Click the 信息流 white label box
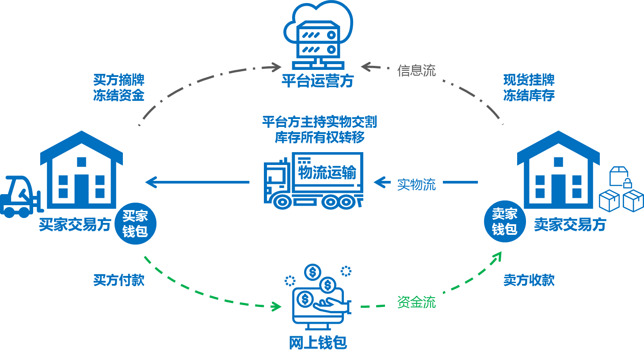pyautogui.click(x=416, y=70)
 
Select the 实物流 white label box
pyautogui.click(x=416, y=184)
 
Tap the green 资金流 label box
pyautogui.click(x=416, y=302)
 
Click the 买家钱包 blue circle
pyautogui.click(x=136, y=224)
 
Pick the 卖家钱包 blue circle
pyautogui.click(x=505, y=222)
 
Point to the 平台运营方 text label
pyautogui.click(x=317, y=81)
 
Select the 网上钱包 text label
pyautogui.click(x=317, y=342)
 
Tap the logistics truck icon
pyautogui.click(x=314, y=181)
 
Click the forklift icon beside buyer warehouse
pyautogui.click(x=20, y=197)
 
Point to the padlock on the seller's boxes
pyautogui.click(x=627, y=183)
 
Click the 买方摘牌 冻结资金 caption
pyautogui.click(x=118, y=88)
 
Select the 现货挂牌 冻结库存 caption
pyautogui.click(x=529, y=88)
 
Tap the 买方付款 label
pyautogui.click(x=118, y=280)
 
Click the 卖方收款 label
pyautogui.click(x=529, y=280)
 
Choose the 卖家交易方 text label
pyautogui.click(x=570, y=225)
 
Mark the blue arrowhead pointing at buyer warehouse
pyautogui.click(x=150, y=182)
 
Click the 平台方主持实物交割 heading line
pyautogui.click(x=319, y=122)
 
